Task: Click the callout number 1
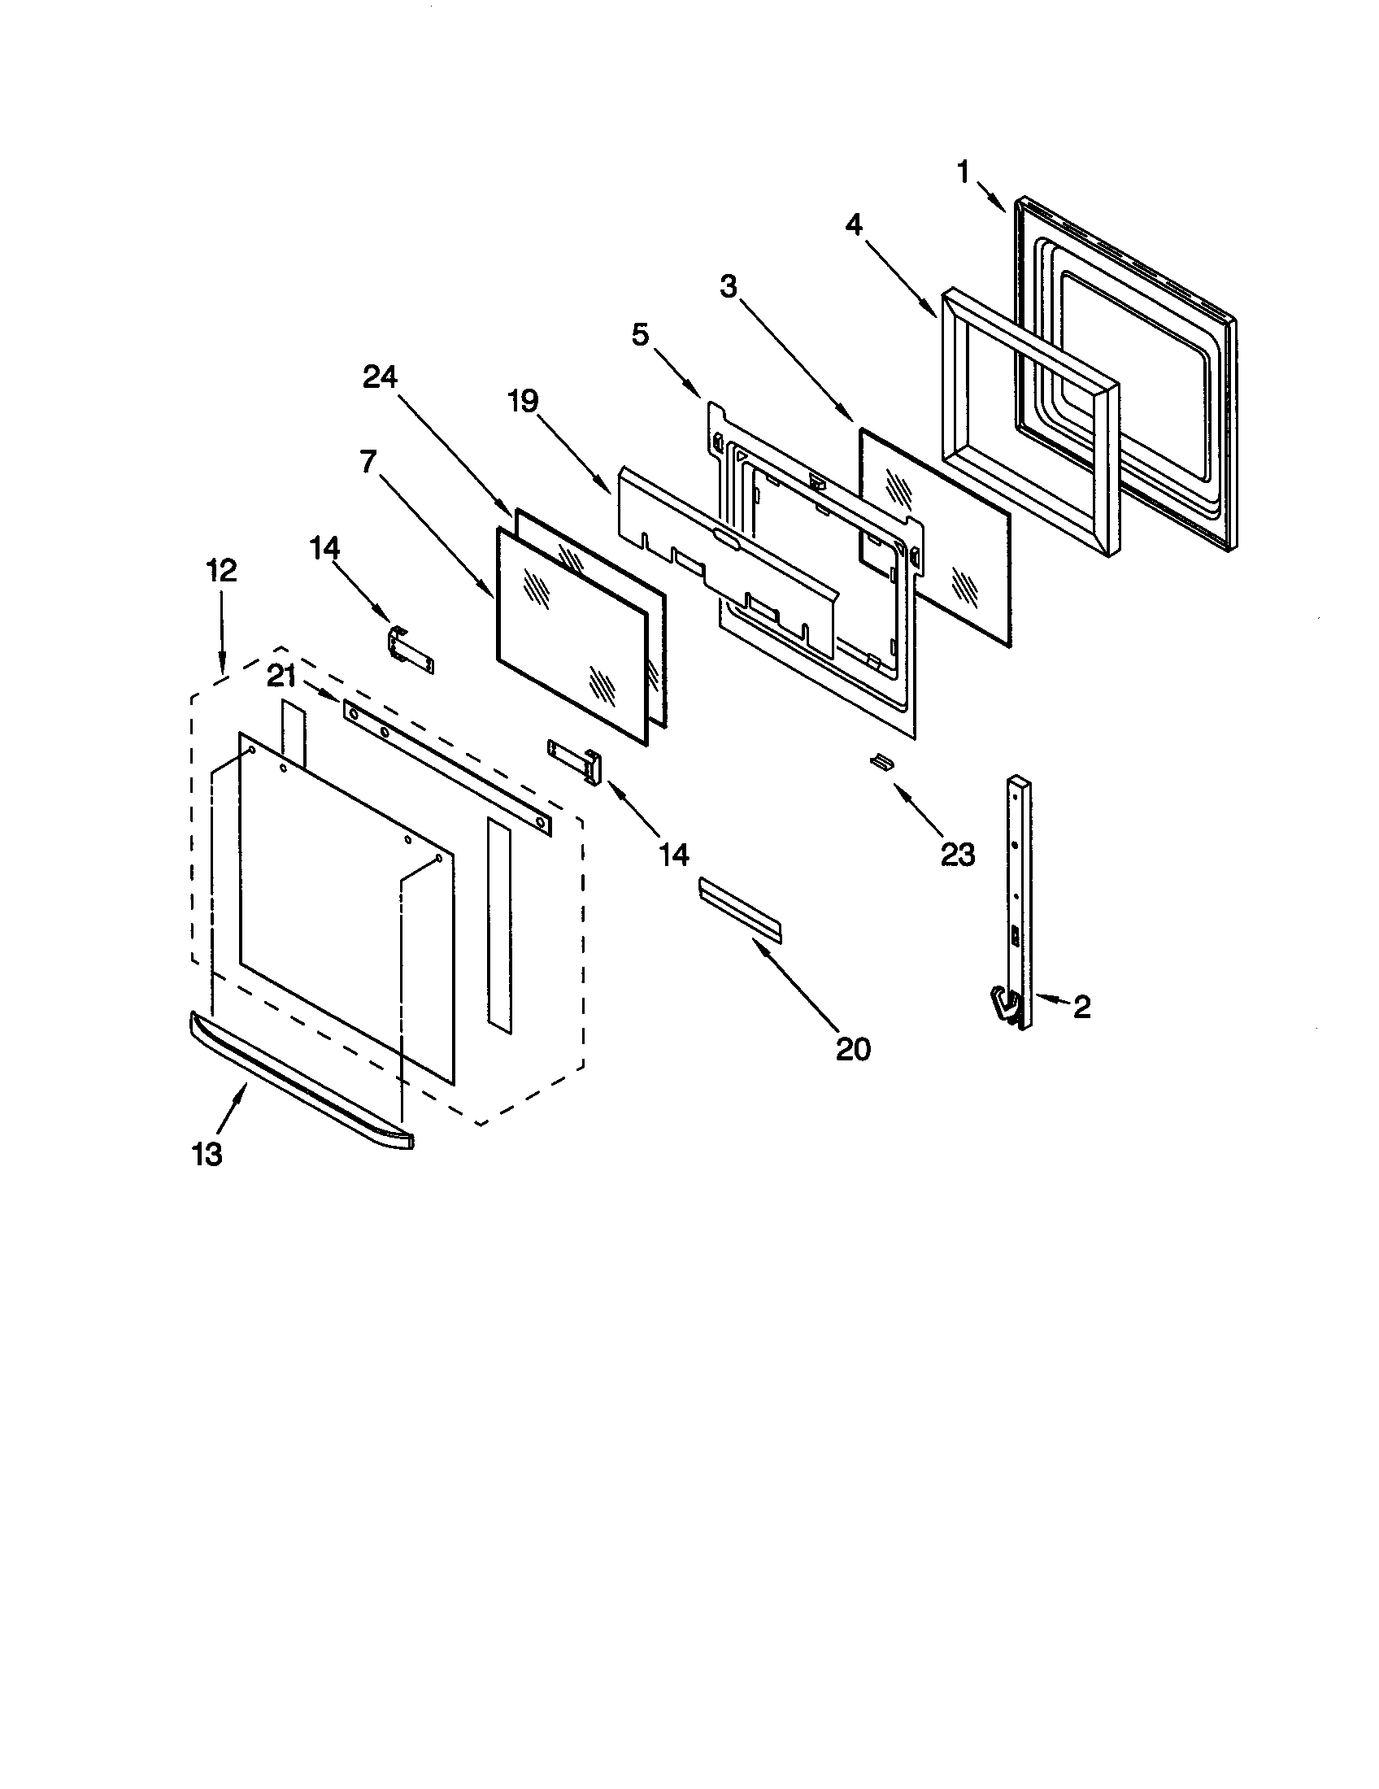click(963, 172)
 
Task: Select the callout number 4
click(853, 224)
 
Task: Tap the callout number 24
click(380, 377)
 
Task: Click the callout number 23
click(958, 855)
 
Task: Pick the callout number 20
click(852, 1048)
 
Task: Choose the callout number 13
click(207, 1155)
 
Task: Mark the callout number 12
click(221, 570)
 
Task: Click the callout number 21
click(281, 676)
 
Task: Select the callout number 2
click(1081, 1008)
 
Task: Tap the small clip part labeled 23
click(881, 762)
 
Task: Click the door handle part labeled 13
click(299, 1082)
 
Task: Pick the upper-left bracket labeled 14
click(409, 649)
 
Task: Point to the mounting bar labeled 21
click(446, 768)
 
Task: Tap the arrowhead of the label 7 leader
click(492, 595)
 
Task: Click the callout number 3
click(728, 288)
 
